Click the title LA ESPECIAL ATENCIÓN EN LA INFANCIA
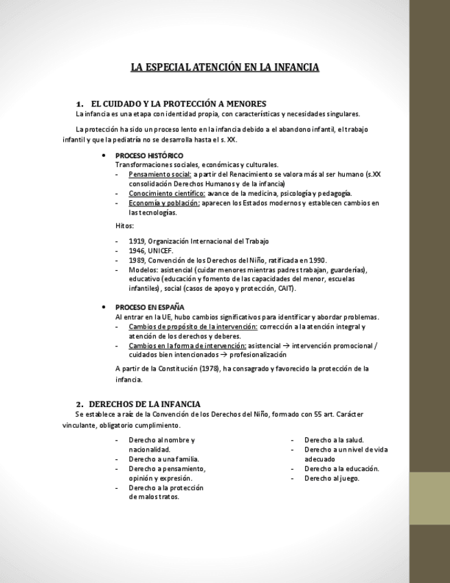point(225,67)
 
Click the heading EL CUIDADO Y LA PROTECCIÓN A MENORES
point(178,103)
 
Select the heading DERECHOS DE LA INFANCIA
point(145,404)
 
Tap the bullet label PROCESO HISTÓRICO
point(149,155)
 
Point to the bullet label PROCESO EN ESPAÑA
point(150,307)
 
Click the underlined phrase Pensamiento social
point(159,175)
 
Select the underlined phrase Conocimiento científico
point(166,193)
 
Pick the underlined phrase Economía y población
point(164,203)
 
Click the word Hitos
point(124,226)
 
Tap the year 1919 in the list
point(137,241)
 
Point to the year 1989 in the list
point(137,261)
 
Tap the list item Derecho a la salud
point(334,439)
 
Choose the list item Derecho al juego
point(332,478)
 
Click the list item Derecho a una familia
point(164,459)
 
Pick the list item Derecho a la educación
point(341,468)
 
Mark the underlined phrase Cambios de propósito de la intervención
point(193,327)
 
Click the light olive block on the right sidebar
point(429,498)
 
